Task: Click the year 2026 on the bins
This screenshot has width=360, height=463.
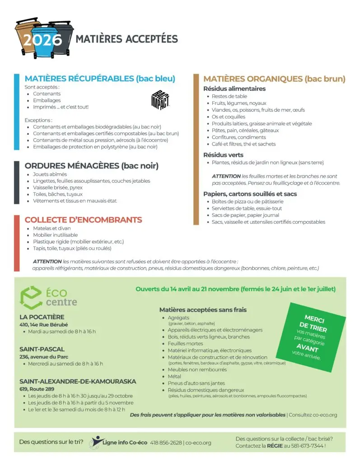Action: [43, 40]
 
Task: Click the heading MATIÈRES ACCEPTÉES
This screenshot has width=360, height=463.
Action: [126, 39]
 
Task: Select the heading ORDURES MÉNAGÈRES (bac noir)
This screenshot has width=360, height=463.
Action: [91, 165]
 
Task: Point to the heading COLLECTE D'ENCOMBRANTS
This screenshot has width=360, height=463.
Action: [83, 220]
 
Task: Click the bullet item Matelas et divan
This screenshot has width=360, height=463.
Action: [51, 228]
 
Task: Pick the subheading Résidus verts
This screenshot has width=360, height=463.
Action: [223, 155]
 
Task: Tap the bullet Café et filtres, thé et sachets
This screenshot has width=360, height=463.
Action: [243, 144]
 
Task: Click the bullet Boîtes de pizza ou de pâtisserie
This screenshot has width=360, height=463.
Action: [248, 202]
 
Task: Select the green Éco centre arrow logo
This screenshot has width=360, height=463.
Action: [31, 297]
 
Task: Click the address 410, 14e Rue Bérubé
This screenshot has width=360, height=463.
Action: [43, 325]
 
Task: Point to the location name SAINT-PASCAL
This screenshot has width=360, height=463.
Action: [42, 349]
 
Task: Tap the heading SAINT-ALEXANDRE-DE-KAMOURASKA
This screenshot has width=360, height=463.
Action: [78, 381]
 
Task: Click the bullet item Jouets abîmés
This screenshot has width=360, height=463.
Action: [50, 174]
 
